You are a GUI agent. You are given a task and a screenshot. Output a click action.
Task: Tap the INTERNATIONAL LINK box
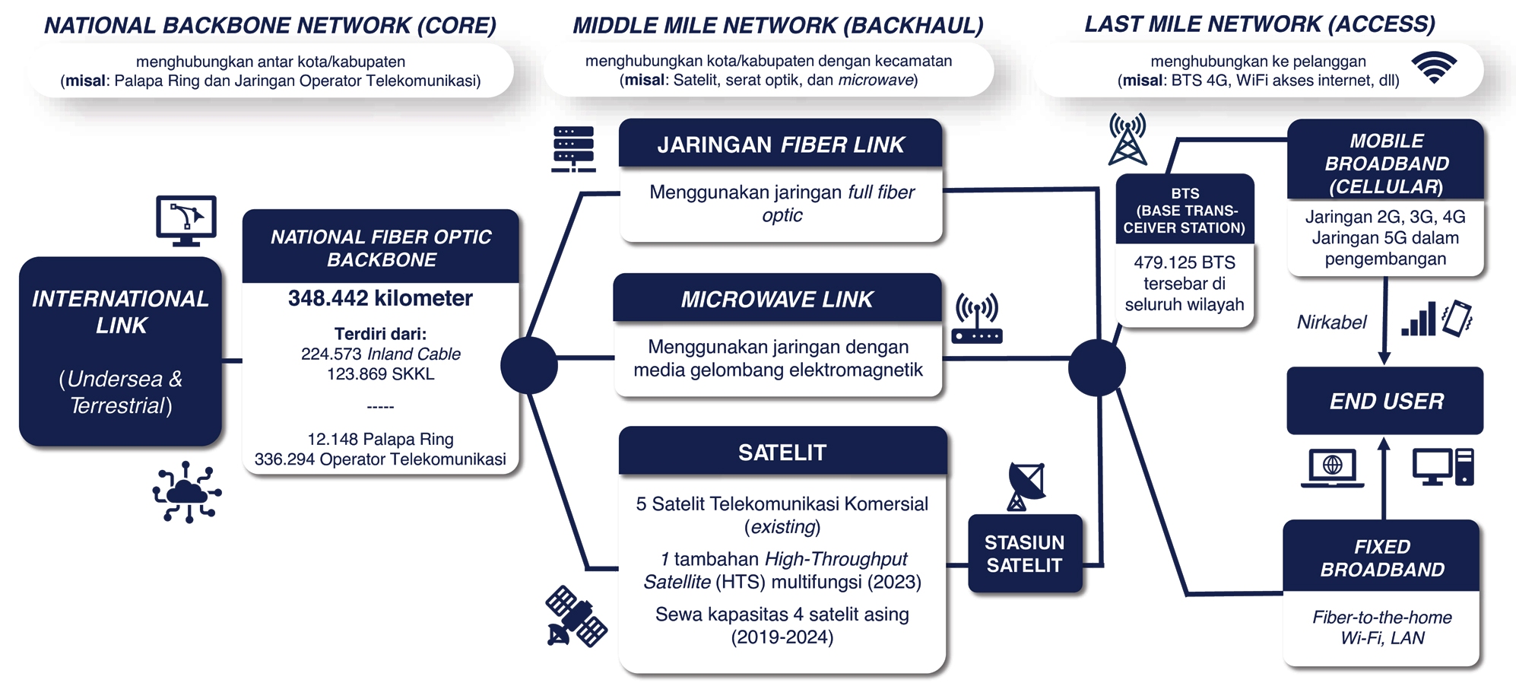(121, 351)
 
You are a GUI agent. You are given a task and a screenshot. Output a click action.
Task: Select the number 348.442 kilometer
(380, 298)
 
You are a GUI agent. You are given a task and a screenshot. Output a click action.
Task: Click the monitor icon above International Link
(186, 221)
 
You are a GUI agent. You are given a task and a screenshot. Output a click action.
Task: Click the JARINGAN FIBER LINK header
(781, 145)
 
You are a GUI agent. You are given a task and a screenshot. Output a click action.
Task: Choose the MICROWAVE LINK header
(777, 299)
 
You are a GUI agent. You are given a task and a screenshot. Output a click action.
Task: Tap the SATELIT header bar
(782, 453)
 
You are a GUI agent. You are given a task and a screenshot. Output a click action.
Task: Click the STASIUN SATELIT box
(1024, 554)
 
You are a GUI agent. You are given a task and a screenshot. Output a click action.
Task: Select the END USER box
(1385, 401)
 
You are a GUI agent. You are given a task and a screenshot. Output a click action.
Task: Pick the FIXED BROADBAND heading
(1381, 558)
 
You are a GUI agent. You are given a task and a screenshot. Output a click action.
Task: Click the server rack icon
(573, 149)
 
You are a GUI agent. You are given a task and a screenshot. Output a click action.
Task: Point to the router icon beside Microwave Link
(977, 319)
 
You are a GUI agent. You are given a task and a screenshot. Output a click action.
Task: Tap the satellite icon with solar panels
(576, 616)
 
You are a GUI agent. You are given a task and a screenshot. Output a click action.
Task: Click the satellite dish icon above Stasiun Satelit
(1025, 485)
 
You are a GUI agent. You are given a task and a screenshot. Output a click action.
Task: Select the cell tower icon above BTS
(1127, 139)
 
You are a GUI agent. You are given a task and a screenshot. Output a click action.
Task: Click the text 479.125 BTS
(1185, 262)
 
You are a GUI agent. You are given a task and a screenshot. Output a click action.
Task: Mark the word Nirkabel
(1331, 322)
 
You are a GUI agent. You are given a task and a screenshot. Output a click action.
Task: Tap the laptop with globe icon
(1332, 467)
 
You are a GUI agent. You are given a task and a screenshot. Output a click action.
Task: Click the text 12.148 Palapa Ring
(380, 439)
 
